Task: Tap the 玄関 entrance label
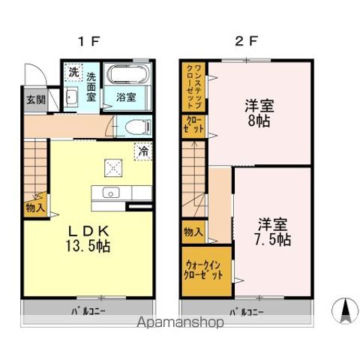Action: coord(36,99)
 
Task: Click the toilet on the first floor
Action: coord(135,128)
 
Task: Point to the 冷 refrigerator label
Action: coord(142,151)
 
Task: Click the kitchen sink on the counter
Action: coord(109,193)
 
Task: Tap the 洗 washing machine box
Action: coord(73,73)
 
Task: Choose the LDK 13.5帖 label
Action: coord(90,239)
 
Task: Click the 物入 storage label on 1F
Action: coord(34,208)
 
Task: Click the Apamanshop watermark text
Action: coord(178,325)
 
